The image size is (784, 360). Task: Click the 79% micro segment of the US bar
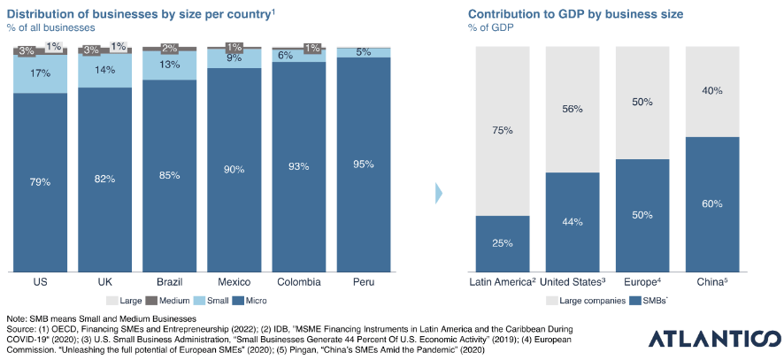[x=40, y=182]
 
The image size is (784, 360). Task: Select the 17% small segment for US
[x=40, y=74]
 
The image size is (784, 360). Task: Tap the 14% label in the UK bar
[x=104, y=70]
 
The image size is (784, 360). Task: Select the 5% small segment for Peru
[x=364, y=52]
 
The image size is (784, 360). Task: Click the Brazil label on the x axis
[x=169, y=281]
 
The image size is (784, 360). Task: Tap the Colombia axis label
[x=299, y=281]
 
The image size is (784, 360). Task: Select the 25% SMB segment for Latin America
[x=503, y=243]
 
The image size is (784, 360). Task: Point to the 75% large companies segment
[x=503, y=130]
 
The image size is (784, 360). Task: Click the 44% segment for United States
[x=573, y=221]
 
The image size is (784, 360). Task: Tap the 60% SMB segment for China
[x=712, y=204]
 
